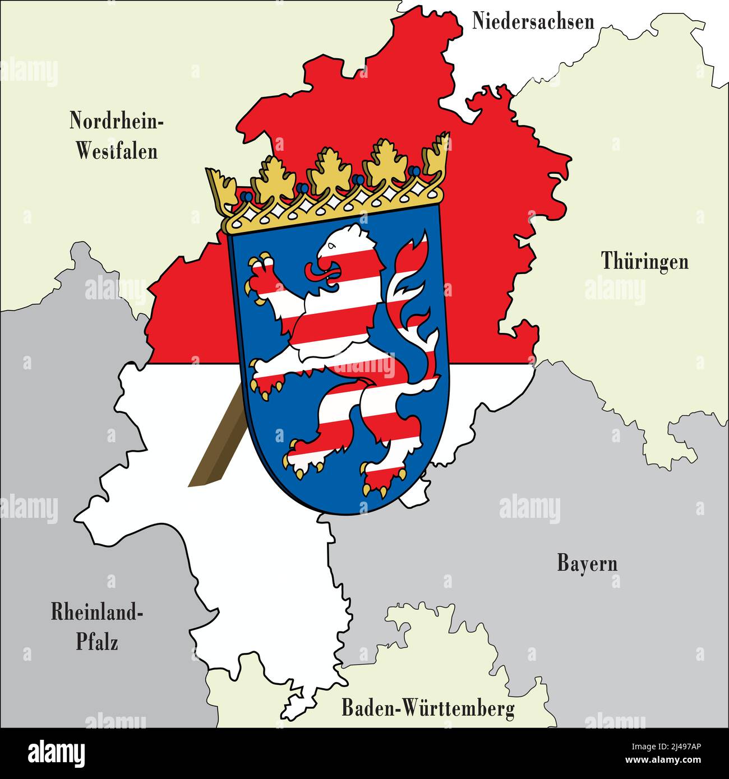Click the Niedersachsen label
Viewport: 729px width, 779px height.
click(x=533, y=21)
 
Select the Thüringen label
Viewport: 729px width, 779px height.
click(x=644, y=261)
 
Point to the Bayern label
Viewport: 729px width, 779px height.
click(x=587, y=563)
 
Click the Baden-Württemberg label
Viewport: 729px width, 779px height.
click(x=428, y=708)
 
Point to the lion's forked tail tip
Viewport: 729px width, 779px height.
click(x=415, y=247)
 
